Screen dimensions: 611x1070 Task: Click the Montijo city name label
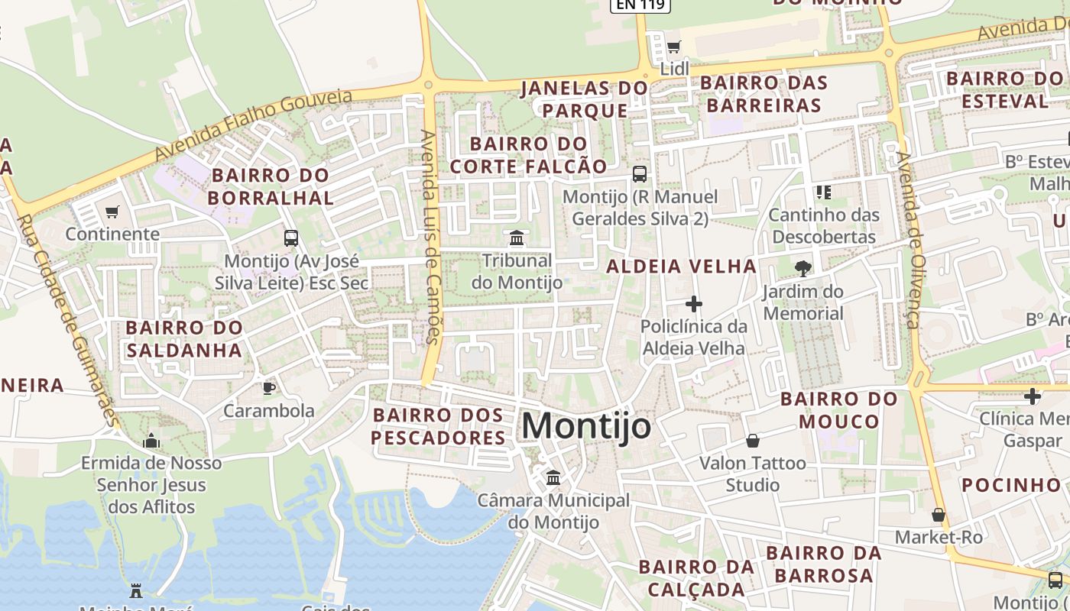[586, 426]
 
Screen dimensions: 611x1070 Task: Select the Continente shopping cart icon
[112, 212]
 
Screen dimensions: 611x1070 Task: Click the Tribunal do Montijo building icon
[517, 238]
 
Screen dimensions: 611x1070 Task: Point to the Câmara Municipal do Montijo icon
[553, 478]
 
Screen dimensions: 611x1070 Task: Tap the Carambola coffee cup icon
[269, 388]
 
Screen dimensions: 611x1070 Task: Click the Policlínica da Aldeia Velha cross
[694, 305]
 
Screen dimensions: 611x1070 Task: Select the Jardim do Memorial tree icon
[803, 269]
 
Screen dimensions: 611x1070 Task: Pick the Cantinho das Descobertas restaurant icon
[823, 192]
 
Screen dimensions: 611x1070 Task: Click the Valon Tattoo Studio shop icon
[753, 441]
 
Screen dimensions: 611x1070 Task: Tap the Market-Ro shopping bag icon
[939, 515]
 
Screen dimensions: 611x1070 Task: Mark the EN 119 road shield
[640, 5]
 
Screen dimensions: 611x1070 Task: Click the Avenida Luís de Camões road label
[430, 237]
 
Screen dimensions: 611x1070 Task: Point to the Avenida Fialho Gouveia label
[254, 124]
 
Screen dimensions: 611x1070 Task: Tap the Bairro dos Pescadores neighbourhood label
[439, 426]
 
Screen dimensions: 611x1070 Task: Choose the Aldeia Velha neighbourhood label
[682, 267]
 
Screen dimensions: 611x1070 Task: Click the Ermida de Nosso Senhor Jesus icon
[151, 441]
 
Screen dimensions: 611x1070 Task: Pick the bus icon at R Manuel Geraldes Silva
[640, 174]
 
